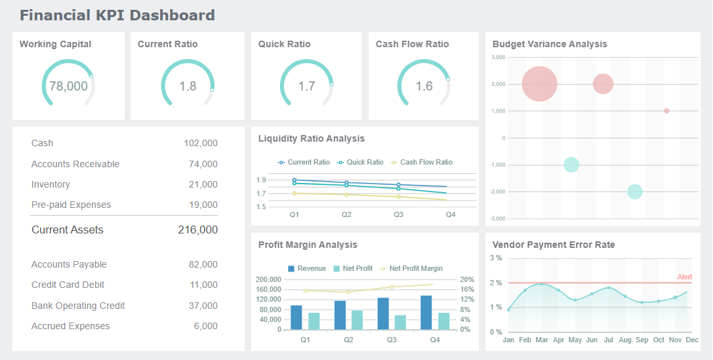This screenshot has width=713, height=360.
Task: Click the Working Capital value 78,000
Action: pos(68,86)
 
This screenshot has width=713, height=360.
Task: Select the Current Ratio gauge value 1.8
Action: pos(188,86)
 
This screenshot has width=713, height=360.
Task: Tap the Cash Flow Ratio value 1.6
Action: pos(424,86)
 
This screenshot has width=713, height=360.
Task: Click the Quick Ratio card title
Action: pos(284,44)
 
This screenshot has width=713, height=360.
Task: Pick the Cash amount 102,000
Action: pos(200,143)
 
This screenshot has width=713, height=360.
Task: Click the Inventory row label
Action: pos(51,184)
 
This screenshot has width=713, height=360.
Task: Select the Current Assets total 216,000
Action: pos(197,230)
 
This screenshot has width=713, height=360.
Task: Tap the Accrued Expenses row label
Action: pos(70,326)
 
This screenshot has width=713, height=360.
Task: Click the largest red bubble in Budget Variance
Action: pos(539,84)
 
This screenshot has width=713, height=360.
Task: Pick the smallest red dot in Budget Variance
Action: pos(666,111)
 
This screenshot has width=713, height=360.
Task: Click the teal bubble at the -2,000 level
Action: pos(634,191)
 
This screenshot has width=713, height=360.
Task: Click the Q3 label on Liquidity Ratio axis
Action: pos(398,214)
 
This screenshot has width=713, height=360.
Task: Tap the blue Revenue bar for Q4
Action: pos(426,313)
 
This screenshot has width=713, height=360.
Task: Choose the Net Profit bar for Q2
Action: pos(357,320)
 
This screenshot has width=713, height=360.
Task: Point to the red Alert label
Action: pos(684,277)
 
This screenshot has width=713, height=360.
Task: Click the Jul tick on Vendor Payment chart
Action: pos(608,340)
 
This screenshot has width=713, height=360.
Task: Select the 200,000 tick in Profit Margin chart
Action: pos(268,279)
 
